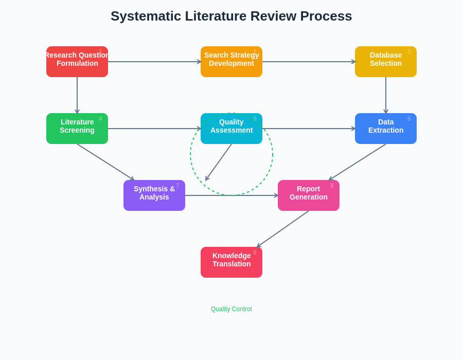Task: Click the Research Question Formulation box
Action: (x=77, y=62)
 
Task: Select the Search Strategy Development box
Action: (x=232, y=62)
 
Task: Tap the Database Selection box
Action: (x=386, y=62)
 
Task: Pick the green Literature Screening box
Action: (x=77, y=129)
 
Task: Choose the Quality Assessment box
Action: (x=232, y=129)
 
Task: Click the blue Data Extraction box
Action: (x=386, y=129)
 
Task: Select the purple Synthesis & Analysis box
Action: (x=154, y=195)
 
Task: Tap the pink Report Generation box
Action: (x=309, y=195)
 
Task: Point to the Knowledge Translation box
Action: (x=232, y=262)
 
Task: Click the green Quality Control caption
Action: (x=231, y=309)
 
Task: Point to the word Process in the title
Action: (x=326, y=16)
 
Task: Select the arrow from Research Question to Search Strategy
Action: (x=154, y=62)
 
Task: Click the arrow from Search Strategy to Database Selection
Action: (x=309, y=62)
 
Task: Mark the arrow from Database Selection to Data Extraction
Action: (x=386, y=95)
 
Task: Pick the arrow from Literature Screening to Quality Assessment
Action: (x=154, y=129)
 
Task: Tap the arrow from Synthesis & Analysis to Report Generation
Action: (x=232, y=195)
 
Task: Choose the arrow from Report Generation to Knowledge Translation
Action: (x=283, y=229)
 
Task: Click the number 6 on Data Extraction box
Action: (x=409, y=119)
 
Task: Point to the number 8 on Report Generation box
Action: (x=332, y=186)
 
